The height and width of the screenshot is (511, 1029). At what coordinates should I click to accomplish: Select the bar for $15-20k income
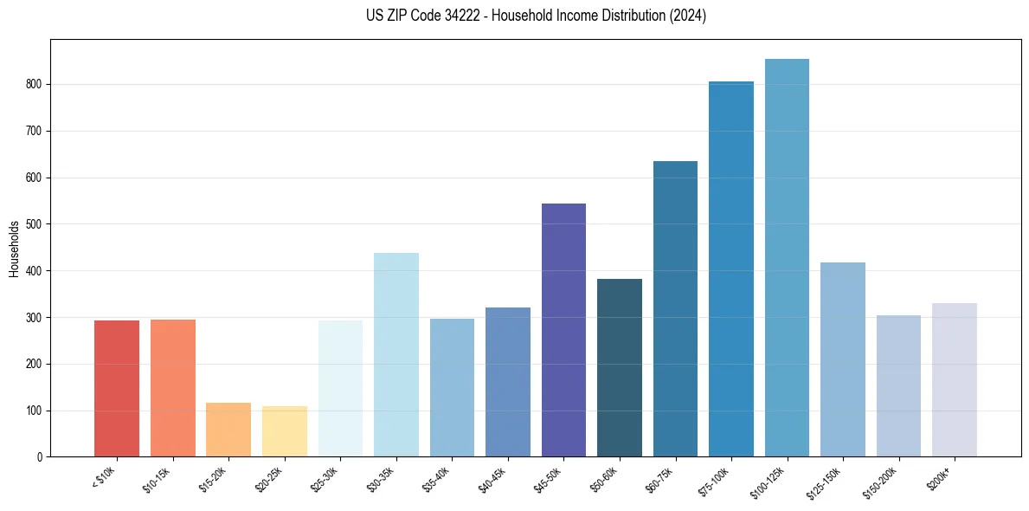coord(228,430)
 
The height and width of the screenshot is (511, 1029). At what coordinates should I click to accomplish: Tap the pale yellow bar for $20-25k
coord(285,431)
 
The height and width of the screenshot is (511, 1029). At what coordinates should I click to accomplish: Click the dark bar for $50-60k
coord(620,367)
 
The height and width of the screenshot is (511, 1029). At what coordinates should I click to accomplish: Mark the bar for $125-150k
coord(843,359)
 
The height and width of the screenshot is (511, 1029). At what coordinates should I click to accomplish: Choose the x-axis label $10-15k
coord(158,479)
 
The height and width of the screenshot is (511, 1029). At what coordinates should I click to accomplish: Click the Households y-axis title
coord(14,248)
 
